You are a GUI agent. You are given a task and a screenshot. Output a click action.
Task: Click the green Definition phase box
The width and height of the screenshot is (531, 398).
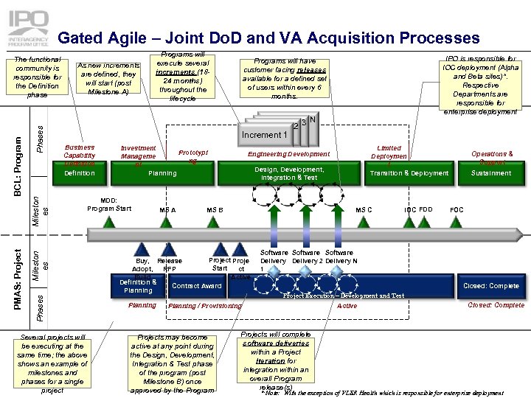79,173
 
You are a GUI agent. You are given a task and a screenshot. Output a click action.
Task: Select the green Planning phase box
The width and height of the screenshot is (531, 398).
163,173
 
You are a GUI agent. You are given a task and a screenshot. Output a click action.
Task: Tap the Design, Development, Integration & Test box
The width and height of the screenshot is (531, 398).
289,173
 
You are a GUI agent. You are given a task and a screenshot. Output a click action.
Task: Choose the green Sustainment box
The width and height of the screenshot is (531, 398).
491,173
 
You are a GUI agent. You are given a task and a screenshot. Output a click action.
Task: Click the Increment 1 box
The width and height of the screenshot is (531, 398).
263,135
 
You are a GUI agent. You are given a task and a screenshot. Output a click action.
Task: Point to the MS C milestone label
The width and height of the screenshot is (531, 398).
364,210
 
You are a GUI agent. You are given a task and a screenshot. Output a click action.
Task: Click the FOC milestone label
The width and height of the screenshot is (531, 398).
457,210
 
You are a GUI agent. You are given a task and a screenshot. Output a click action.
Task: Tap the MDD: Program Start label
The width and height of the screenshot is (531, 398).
109,204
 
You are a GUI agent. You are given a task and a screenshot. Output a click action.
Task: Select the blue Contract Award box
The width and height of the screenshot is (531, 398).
196,286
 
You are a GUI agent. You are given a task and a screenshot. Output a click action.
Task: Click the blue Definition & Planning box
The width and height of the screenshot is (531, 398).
138,286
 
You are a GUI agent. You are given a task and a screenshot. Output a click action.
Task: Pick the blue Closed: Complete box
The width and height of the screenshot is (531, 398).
490,286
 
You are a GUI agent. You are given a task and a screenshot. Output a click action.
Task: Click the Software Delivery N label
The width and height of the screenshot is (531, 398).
341,256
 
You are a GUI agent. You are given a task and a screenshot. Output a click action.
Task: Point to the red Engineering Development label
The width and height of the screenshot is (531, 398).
288,154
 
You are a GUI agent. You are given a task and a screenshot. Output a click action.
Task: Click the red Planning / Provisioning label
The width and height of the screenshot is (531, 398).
205,306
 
